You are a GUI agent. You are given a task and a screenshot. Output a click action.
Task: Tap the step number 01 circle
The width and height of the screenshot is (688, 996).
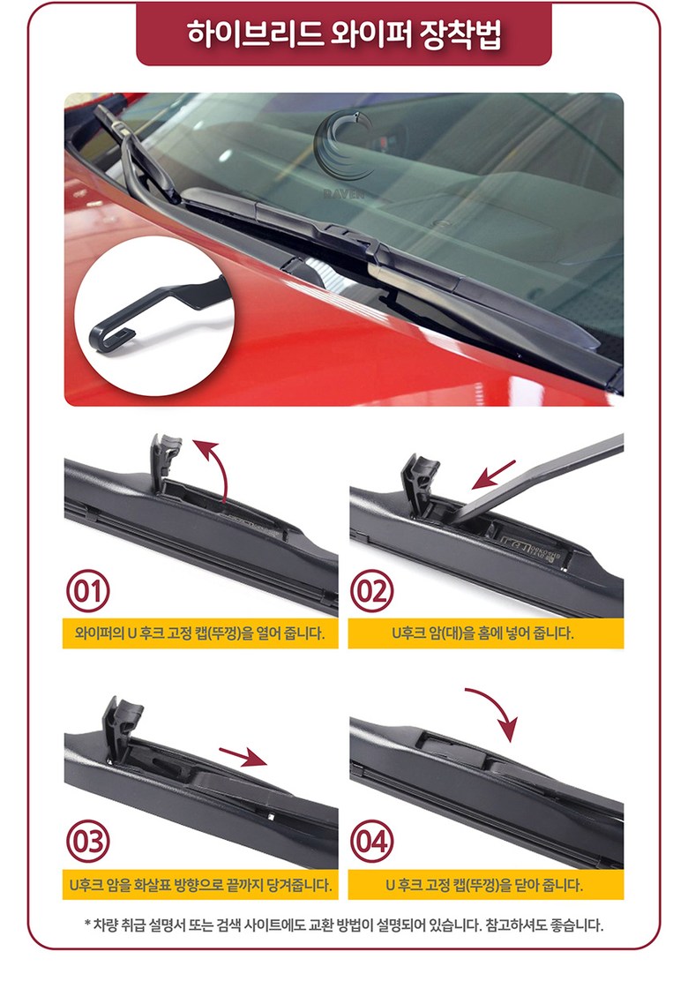[88, 591]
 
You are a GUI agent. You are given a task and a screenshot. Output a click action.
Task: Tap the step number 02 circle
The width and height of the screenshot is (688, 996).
[371, 591]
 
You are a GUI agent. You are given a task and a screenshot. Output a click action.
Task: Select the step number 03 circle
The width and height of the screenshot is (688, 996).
[88, 842]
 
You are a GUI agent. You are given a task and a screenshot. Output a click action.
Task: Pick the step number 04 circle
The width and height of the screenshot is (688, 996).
[371, 842]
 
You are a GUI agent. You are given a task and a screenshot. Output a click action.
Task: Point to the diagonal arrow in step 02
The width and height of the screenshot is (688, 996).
[494, 475]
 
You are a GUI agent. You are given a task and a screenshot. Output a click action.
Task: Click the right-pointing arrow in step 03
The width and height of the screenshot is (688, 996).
[243, 756]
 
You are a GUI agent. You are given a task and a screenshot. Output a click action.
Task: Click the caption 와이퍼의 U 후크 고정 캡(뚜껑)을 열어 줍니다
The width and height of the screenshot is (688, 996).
[199, 633]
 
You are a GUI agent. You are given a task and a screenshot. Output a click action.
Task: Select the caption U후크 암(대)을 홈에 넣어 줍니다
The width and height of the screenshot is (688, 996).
[482, 633]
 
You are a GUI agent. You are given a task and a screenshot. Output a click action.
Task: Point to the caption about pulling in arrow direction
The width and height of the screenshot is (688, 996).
[200, 885]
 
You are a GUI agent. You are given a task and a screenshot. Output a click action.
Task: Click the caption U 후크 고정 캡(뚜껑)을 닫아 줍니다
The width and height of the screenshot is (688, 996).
[484, 885]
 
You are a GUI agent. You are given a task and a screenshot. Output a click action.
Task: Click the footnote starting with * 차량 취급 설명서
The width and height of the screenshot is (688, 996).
[344, 925]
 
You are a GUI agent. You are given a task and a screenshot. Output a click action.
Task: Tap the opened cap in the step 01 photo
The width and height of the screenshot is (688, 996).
[165, 461]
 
